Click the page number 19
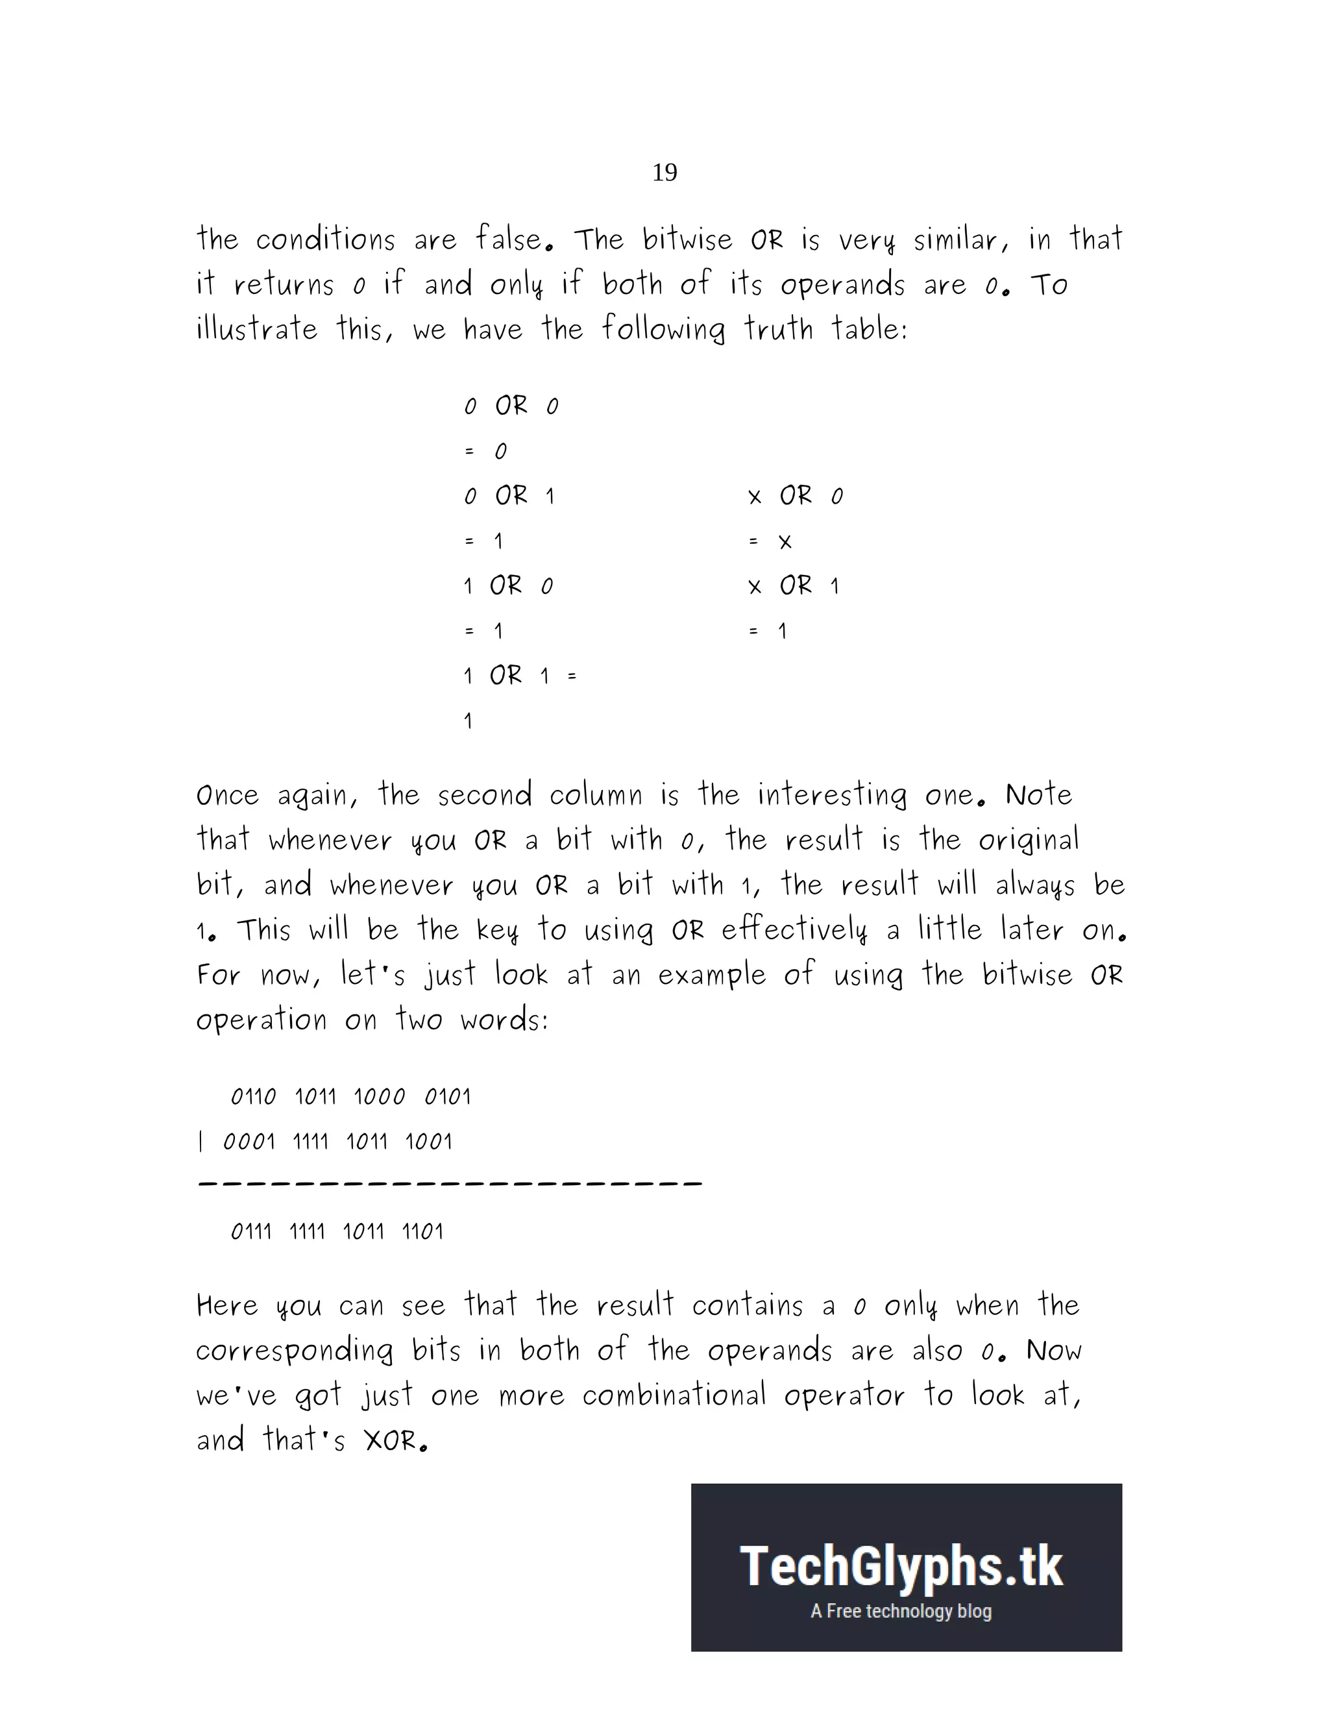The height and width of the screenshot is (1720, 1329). click(x=664, y=173)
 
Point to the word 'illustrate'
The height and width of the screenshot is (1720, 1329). click(x=257, y=329)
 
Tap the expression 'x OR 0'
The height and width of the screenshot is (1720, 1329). click(x=795, y=496)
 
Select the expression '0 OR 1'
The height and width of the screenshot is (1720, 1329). click(x=509, y=496)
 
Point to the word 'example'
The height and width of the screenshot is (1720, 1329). click(x=711, y=976)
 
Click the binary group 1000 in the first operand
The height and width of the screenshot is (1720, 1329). click(x=379, y=1097)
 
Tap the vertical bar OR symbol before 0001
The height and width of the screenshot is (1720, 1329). click(x=201, y=1142)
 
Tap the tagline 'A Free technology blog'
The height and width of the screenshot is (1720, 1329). click(x=901, y=1612)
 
